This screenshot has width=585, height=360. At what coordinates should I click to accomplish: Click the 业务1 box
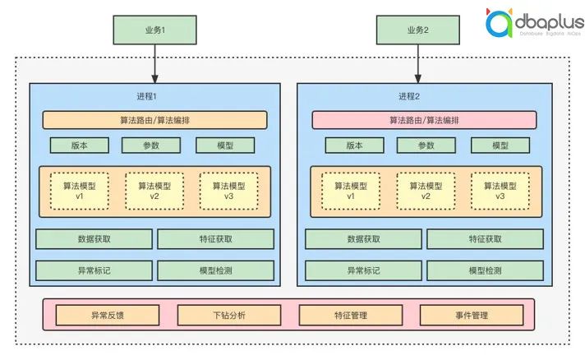click(x=155, y=30)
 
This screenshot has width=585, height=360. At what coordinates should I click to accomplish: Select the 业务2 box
click(x=417, y=30)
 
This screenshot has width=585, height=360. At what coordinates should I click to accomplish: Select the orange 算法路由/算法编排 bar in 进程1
click(x=155, y=120)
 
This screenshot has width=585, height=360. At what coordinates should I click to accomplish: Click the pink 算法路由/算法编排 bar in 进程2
click(x=424, y=120)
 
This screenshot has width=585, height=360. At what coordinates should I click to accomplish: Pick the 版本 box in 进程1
click(x=79, y=145)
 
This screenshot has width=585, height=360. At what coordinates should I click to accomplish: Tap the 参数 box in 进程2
click(x=426, y=145)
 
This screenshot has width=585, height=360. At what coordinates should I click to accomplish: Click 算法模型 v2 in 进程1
click(x=154, y=191)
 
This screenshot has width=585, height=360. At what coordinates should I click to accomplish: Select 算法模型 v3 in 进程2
click(x=500, y=191)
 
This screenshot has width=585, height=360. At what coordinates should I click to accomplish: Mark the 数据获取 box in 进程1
click(x=94, y=239)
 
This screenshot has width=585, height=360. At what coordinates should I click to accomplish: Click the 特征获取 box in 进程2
click(x=485, y=239)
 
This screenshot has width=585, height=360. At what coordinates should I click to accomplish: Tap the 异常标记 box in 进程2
click(x=363, y=271)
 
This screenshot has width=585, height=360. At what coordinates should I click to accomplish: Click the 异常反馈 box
click(x=108, y=316)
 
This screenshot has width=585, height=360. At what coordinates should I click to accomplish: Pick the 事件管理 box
click(x=471, y=316)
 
